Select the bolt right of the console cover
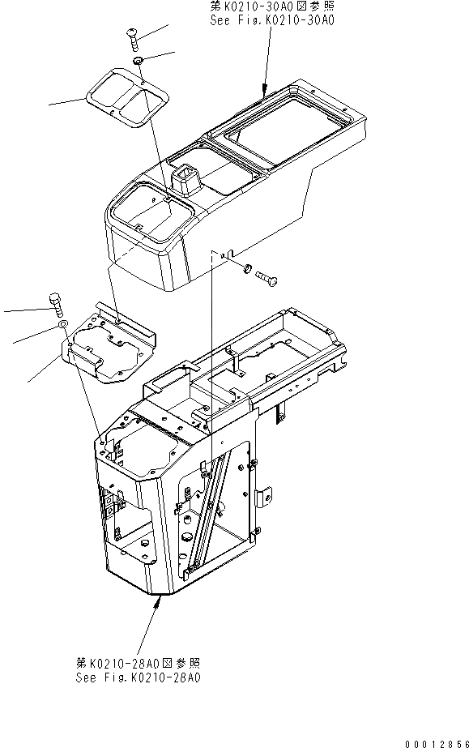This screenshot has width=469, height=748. click(x=268, y=278)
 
